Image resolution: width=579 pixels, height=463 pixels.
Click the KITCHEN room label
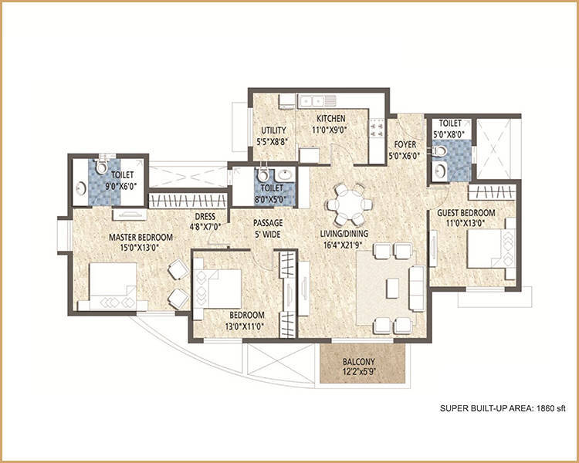[331, 119]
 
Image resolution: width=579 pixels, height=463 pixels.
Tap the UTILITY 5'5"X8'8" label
[273, 136]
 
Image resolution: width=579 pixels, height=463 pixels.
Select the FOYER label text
[405, 144]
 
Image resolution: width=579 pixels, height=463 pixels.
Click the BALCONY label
[358, 361]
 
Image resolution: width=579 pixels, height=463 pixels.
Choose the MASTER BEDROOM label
[141, 237]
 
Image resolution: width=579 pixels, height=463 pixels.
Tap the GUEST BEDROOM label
[466, 213]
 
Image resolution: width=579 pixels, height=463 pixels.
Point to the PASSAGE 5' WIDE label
[268, 228]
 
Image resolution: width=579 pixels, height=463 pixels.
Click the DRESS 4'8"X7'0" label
[205, 221]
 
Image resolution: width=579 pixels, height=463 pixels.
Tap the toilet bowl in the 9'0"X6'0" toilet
[100, 167]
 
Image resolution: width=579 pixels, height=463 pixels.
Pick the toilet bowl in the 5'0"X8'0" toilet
[439, 151]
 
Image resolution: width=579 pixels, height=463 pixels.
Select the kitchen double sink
[312, 100]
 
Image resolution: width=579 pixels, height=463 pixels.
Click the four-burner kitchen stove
[377, 128]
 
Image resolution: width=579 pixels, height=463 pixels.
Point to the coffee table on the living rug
[392, 289]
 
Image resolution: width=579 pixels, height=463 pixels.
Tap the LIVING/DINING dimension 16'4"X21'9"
[344, 244]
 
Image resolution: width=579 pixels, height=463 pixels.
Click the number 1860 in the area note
[545, 408]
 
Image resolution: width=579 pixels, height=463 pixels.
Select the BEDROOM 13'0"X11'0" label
[247, 320]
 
